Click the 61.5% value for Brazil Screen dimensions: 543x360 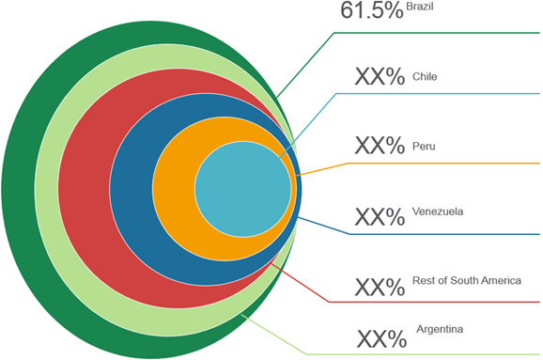(x=371, y=11)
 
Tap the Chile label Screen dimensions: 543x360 (x=425, y=76)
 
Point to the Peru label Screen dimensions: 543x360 (x=424, y=146)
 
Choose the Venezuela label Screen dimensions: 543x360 (x=438, y=212)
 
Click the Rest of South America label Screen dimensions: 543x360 (x=466, y=281)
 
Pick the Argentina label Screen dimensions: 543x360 (x=441, y=329)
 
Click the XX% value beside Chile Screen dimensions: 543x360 (x=380, y=78)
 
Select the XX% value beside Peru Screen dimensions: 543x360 (x=380, y=147)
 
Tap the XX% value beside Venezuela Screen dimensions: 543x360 (x=380, y=217)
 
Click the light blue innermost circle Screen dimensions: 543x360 (x=242, y=189)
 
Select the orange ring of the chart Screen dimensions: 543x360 (x=174, y=189)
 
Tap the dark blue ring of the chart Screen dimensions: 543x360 (x=131, y=189)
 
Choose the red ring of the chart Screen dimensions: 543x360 (x=84, y=189)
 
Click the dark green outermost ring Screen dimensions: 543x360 (x=18, y=189)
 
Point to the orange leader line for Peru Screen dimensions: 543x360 (x=423, y=164)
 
